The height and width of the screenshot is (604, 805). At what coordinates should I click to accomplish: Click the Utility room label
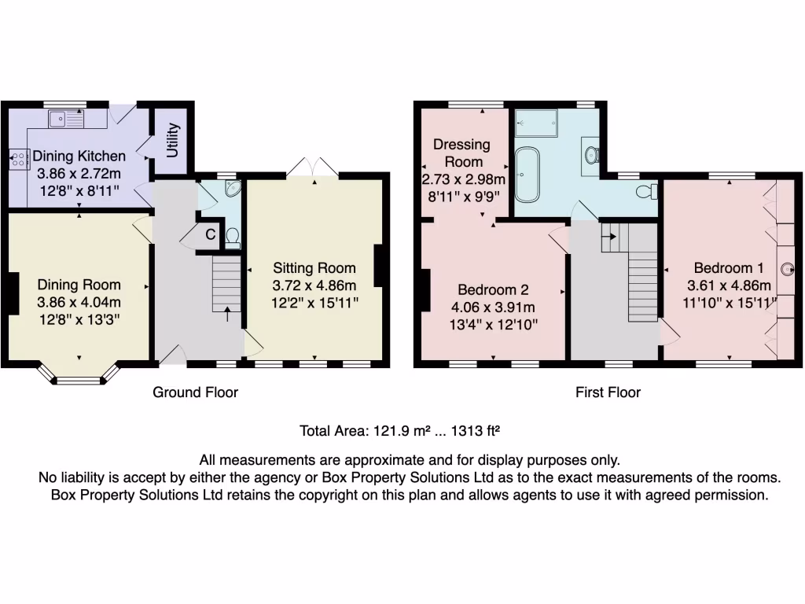tap(174, 138)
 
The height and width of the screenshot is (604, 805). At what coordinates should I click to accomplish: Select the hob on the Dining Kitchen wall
tap(17, 159)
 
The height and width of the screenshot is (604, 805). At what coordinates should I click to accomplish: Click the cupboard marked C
tap(210, 234)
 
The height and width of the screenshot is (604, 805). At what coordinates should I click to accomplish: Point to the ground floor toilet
tap(233, 237)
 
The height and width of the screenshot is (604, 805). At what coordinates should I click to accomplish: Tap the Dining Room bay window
tap(79, 380)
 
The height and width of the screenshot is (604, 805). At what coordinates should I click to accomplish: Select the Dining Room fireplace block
tap(13, 294)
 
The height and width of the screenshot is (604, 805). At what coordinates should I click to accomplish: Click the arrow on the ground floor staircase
tap(228, 314)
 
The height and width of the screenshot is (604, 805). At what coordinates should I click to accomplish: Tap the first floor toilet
tap(647, 191)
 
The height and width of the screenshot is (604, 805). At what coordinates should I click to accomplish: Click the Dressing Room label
tap(461, 153)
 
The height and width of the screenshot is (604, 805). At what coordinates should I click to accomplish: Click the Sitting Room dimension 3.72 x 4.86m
tap(314, 285)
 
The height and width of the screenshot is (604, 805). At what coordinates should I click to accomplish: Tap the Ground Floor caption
tap(195, 392)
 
